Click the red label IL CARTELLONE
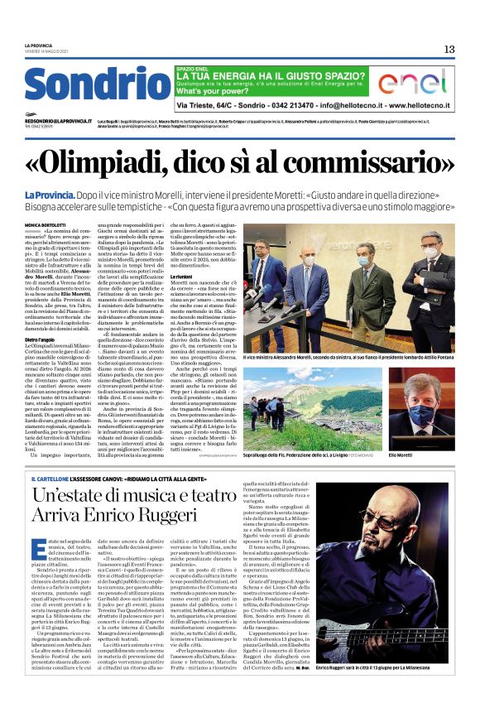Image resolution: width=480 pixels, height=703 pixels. tap(49, 478)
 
